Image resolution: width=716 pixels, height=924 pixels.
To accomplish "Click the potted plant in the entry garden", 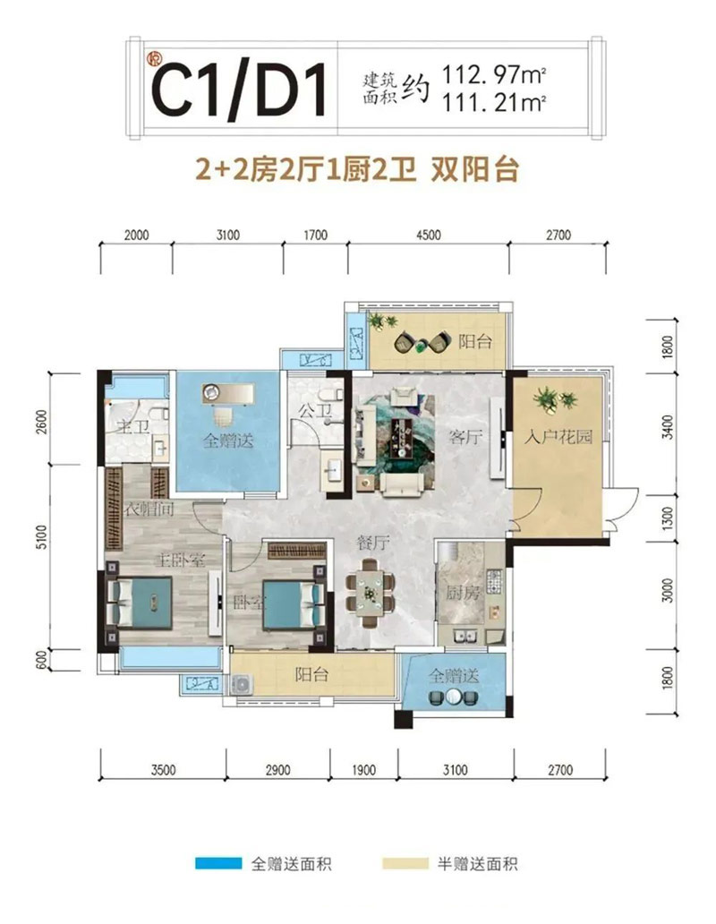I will [x=546, y=397].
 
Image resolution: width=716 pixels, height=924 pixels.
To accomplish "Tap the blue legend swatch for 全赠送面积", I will [x=218, y=864].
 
